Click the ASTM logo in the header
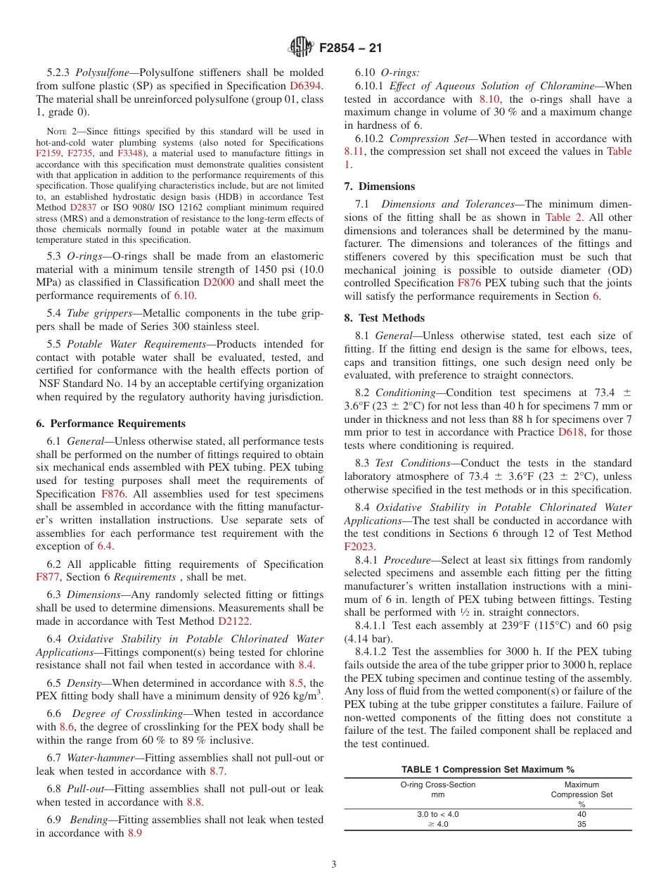pos(301,48)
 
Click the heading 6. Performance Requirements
pos(111,424)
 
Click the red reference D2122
pos(234,621)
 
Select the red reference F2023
pos(359,546)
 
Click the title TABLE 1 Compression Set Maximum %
pos(487,769)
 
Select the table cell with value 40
pos(581,814)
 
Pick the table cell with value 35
pos(581,824)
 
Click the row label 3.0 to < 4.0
pos(437,814)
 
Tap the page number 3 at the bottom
pos(334,864)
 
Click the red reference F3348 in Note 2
pos(129,153)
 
